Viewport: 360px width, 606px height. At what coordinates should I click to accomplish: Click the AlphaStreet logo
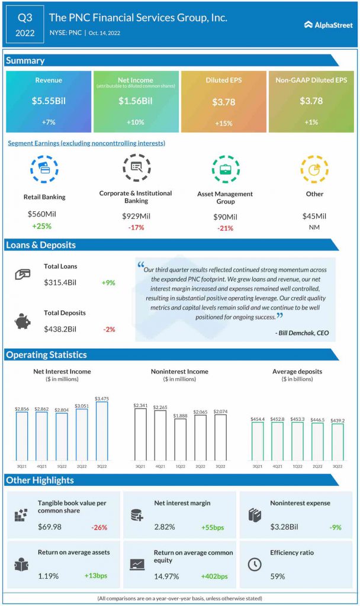328,25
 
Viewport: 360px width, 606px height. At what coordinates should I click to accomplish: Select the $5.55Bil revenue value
49,101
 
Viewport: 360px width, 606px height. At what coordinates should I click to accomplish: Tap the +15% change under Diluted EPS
223,123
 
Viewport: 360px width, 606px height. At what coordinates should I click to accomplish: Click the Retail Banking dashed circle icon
44,169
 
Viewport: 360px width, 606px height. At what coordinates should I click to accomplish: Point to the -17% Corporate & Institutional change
136,228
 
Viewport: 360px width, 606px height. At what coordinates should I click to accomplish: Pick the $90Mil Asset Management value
225,217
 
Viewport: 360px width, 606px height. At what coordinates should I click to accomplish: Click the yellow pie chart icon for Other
314,169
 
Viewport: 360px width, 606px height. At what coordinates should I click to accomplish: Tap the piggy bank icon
22,321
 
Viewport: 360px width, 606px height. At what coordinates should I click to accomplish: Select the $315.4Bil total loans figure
60,282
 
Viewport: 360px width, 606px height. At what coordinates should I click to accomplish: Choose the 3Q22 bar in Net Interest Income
102,431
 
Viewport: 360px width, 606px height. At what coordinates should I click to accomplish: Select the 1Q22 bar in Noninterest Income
180,440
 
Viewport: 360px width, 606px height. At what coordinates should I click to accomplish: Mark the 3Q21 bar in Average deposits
258,441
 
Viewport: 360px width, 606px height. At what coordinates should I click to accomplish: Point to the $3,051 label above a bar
82,406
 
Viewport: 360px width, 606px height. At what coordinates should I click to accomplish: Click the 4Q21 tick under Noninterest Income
160,466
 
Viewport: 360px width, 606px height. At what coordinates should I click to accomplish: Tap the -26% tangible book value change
99,527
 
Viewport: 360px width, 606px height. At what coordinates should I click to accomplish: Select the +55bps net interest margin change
213,527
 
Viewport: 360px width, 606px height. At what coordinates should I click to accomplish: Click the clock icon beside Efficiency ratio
255,564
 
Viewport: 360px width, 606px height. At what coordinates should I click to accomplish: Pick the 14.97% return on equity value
166,576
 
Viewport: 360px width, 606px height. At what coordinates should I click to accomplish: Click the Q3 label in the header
25,18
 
